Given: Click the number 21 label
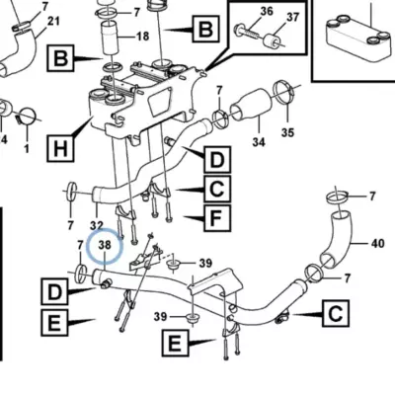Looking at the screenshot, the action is pyautogui.click(x=53, y=22).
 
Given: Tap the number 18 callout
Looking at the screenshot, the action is pyautogui.click(x=142, y=36).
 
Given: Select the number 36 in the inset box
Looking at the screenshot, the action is pyautogui.click(x=267, y=11).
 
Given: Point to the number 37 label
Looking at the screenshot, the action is pyautogui.click(x=292, y=17).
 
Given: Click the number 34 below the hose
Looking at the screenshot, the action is pyautogui.click(x=259, y=142).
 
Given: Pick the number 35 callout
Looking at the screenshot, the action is pyautogui.click(x=287, y=132).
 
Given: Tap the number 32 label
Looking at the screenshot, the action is pyautogui.click(x=97, y=225).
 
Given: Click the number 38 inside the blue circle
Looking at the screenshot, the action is pyautogui.click(x=105, y=245).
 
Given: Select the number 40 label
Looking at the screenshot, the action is pyautogui.click(x=377, y=244).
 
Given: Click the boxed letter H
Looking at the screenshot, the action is pyautogui.click(x=60, y=148).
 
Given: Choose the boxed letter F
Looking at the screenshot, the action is pyautogui.click(x=217, y=217).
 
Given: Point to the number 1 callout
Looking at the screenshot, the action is pyautogui.click(x=27, y=148).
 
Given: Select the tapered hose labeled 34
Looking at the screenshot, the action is pyautogui.click(x=252, y=107).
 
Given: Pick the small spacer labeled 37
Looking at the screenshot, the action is pyautogui.click(x=272, y=41).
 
